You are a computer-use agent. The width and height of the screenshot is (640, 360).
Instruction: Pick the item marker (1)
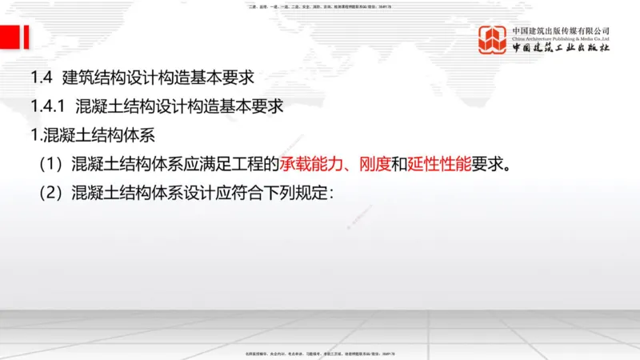(x=50, y=165)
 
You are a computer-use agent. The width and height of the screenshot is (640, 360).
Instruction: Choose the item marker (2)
(x=50, y=194)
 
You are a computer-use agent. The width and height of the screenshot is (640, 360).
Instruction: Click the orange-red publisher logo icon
(x=493, y=40)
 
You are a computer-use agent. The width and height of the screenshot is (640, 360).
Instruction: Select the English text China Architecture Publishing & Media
(x=561, y=38)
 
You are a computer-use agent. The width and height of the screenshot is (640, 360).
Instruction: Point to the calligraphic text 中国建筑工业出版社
(x=561, y=49)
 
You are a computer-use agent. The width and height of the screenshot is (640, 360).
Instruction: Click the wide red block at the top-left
(x=10, y=37)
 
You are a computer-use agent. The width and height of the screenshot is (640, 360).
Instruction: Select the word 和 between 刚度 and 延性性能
(x=399, y=165)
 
